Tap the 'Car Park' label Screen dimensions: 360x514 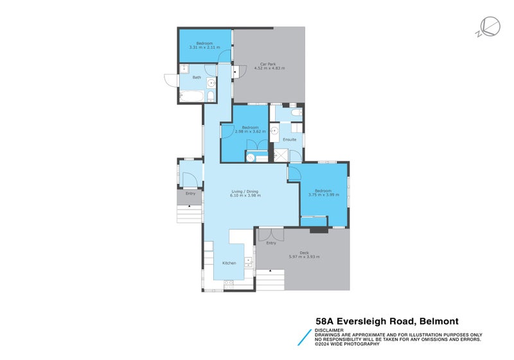[x=268, y=64]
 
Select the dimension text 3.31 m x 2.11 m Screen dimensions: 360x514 [x=204, y=48]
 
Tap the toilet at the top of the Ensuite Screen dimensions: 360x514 [x=295, y=113]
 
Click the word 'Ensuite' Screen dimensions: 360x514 [x=290, y=139]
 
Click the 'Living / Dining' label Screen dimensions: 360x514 [x=245, y=191]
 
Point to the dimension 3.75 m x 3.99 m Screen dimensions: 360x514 [x=323, y=195]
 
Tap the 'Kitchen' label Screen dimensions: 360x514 [x=229, y=263]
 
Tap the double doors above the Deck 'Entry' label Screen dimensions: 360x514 [x=270, y=235]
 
